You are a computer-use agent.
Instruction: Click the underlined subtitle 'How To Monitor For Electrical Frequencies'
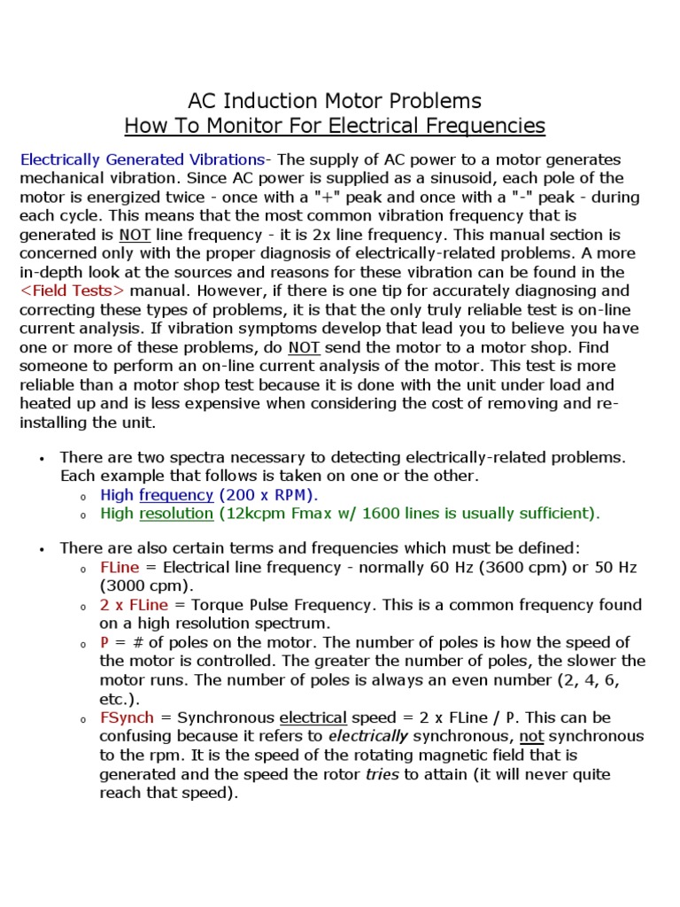tap(335, 126)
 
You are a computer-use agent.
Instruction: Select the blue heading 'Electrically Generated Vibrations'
tap(142, 159)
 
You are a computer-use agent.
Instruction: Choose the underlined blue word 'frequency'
tap(176, 495)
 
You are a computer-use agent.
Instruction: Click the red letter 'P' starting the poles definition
tap(104, 642)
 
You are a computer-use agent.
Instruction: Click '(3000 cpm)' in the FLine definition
tap(140, 585)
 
